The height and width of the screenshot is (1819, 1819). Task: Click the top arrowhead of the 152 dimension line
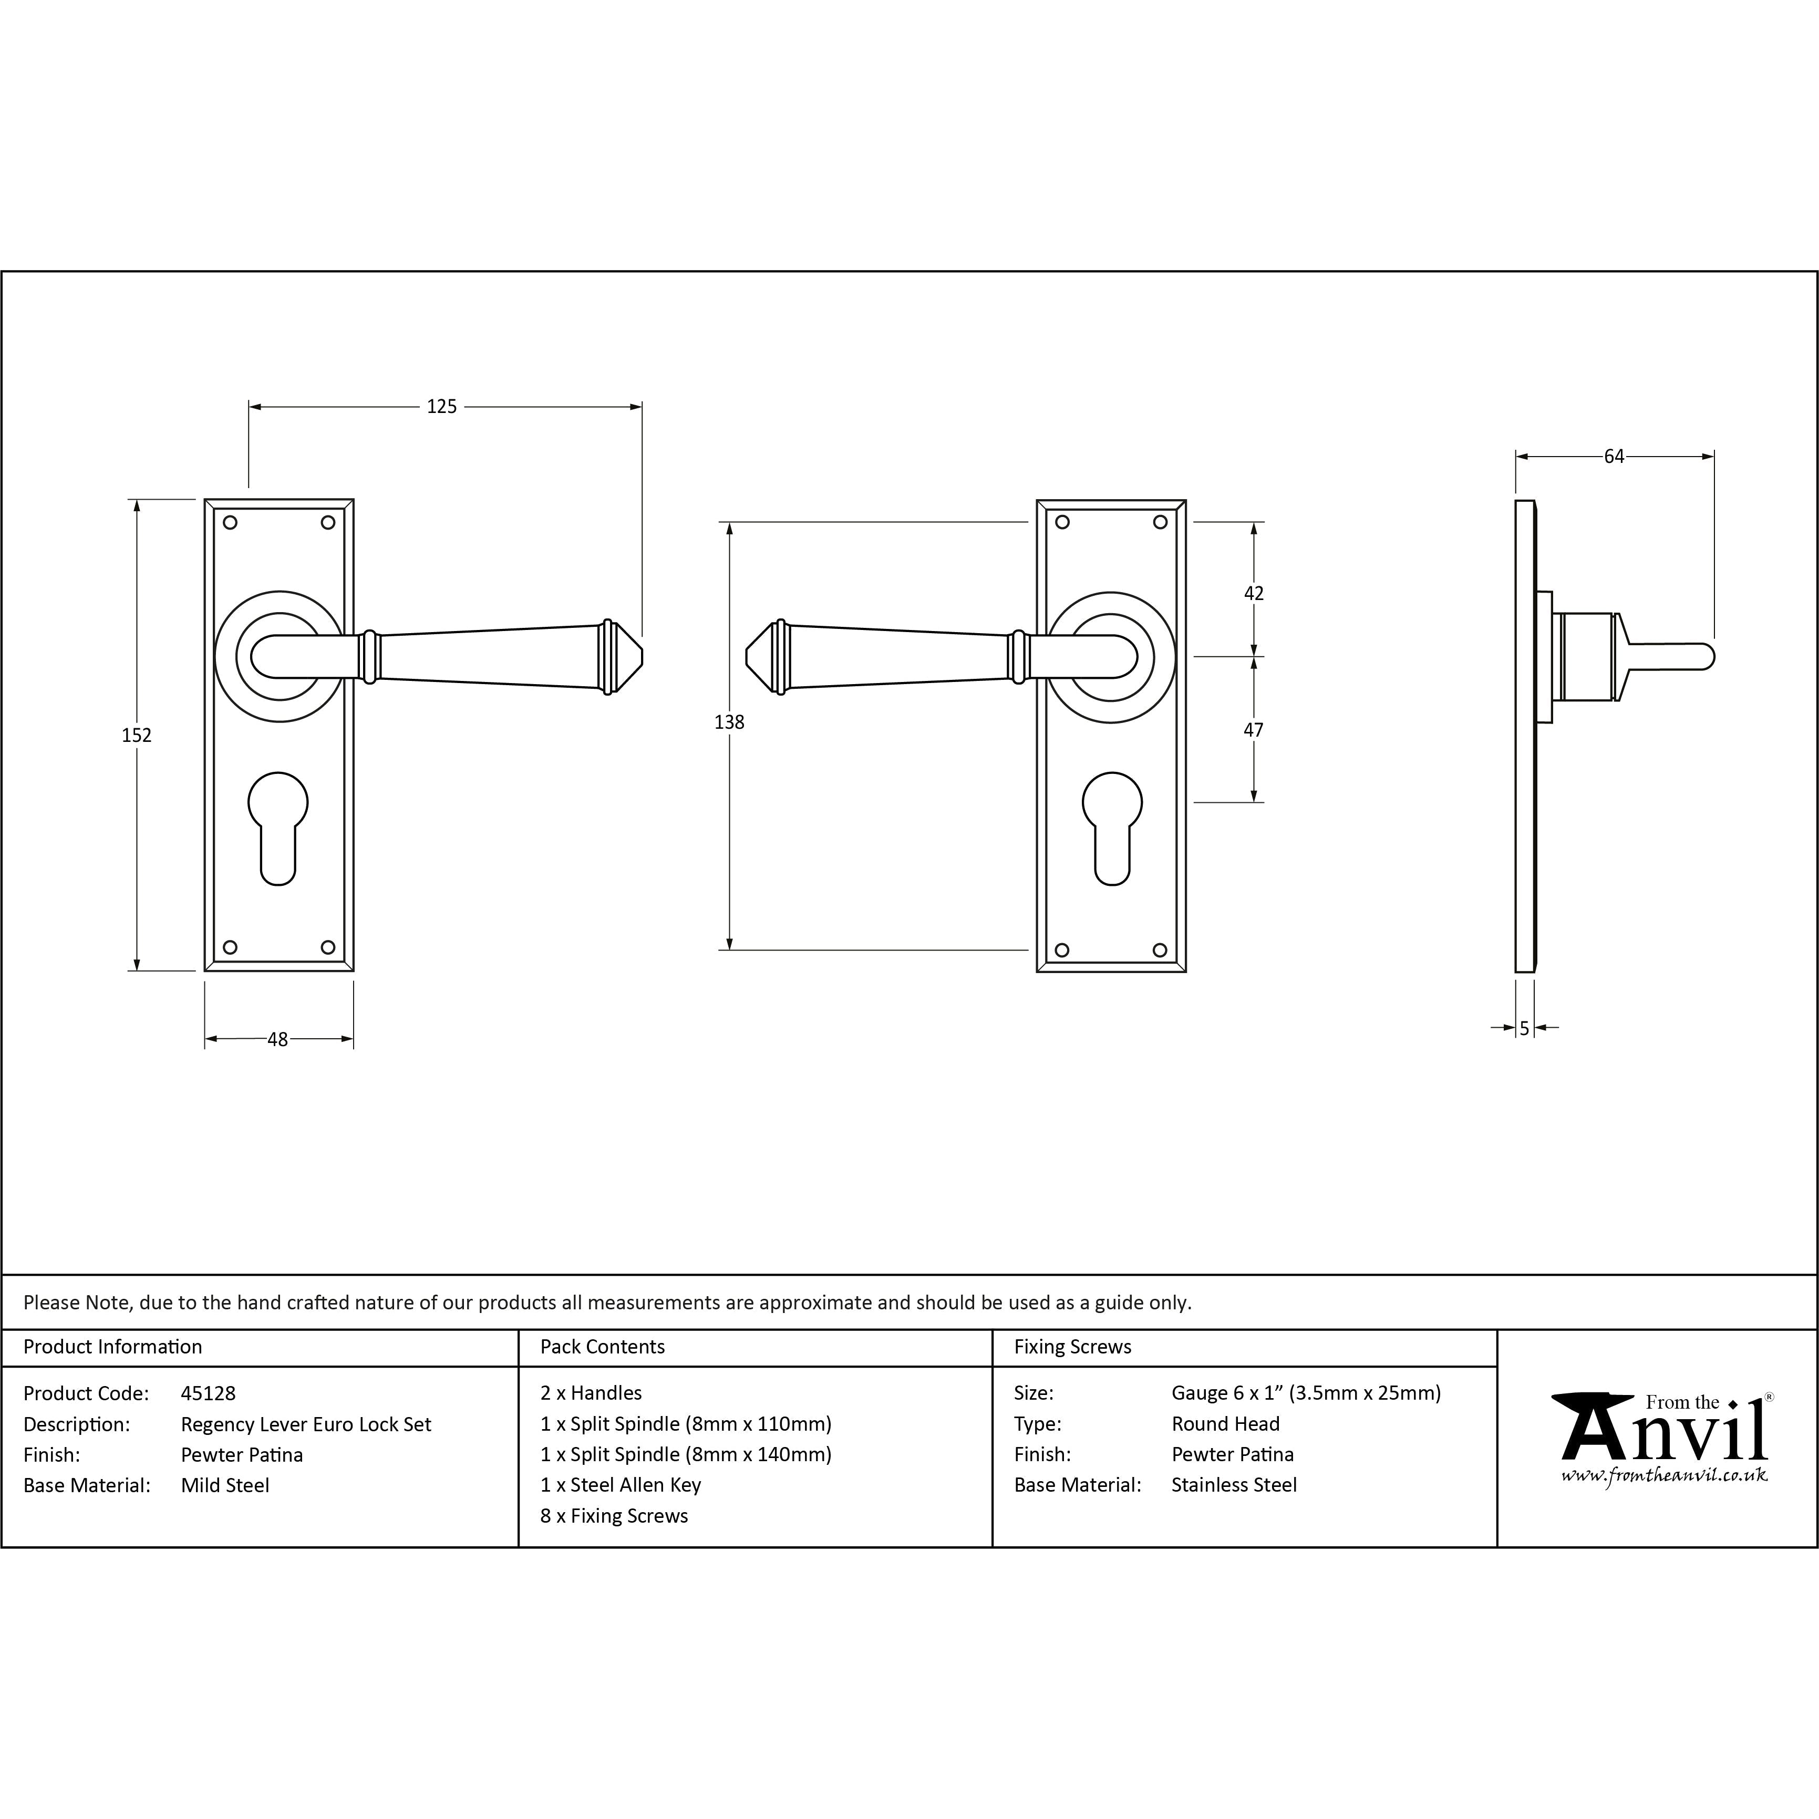tap(138, 505)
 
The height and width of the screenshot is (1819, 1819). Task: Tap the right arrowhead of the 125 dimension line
tap(636, 407)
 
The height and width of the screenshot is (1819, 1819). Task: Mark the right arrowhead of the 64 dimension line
tap(1708, 457)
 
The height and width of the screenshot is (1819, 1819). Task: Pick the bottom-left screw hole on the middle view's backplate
tap(1062, 950)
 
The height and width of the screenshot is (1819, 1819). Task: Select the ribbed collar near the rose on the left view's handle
tap(370, 656)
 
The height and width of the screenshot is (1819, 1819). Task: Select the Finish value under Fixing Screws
tap(1233, 1455)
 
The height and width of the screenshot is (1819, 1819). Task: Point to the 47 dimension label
tap(1253, 730)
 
